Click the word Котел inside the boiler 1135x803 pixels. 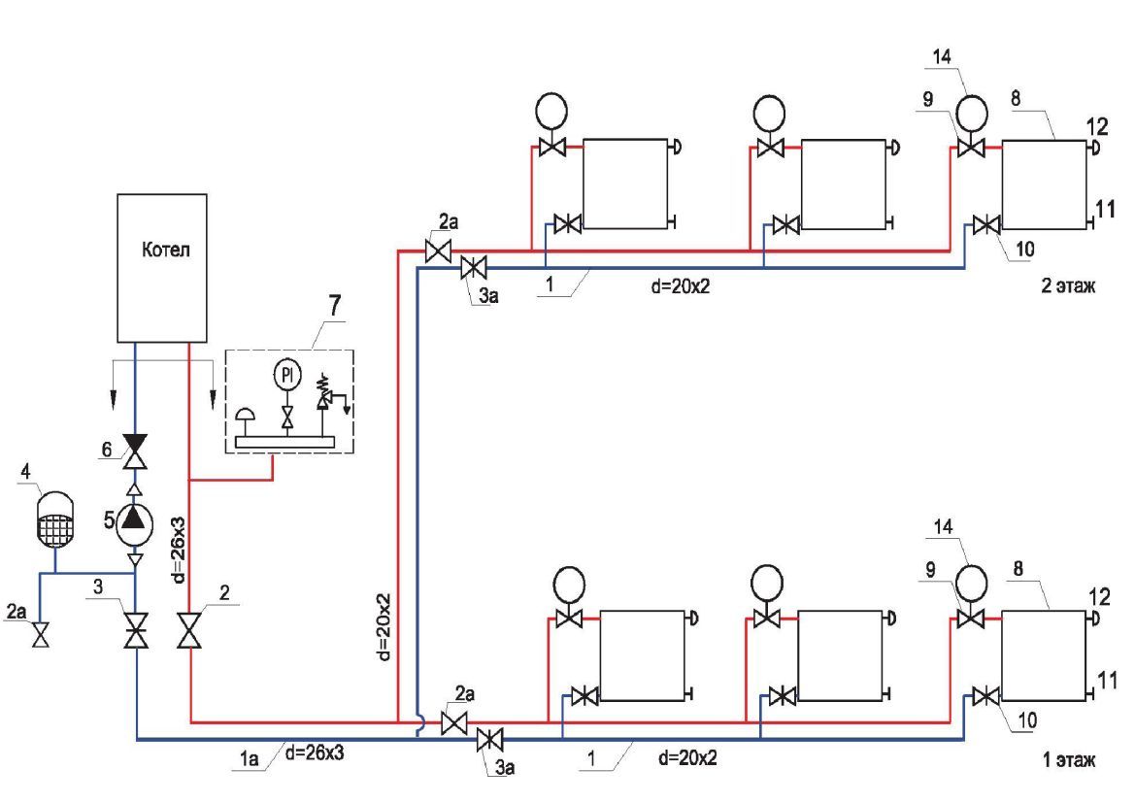[162, 251]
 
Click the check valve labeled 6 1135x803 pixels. [135, 449]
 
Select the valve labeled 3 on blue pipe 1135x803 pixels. [135, 630]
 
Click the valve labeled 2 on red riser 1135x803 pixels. [189, 630]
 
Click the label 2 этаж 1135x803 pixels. [1068, 287]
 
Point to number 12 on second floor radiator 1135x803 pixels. [1097, 127]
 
